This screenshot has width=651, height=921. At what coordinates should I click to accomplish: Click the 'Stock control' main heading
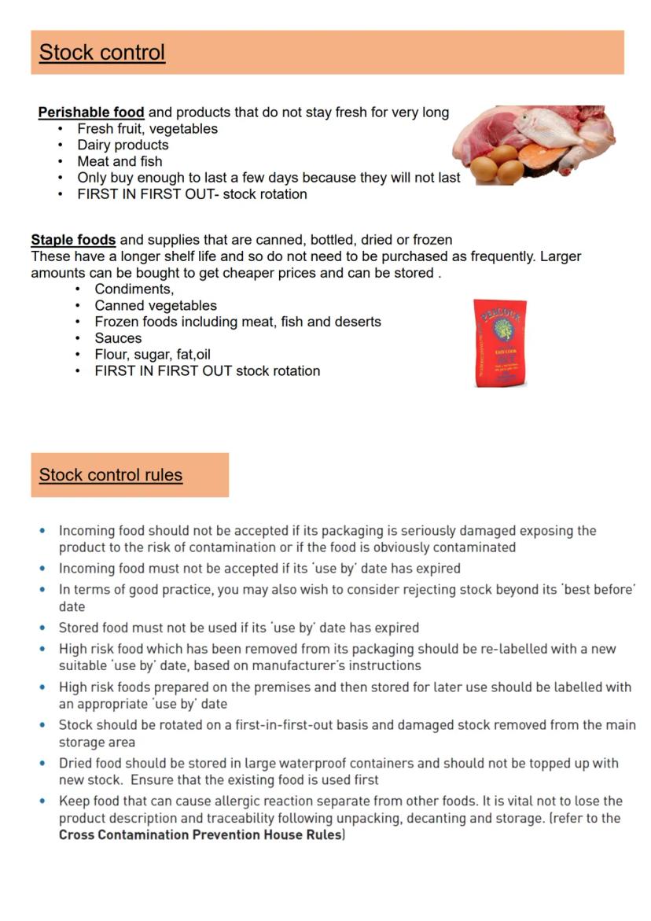coord(102,53)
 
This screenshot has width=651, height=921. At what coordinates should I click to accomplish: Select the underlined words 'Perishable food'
coord(91,112)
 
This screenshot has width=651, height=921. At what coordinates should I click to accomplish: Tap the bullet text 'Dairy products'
coord(123,145)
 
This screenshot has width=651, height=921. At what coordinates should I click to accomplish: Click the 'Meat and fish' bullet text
coord(120,161)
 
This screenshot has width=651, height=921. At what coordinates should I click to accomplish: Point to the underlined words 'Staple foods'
coord(73,239)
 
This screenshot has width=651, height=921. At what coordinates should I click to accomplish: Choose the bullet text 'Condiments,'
coord(134,289)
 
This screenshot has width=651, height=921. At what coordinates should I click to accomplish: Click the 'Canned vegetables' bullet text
coord(156,305)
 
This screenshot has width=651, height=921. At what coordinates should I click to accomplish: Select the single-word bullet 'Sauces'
coord(118,338)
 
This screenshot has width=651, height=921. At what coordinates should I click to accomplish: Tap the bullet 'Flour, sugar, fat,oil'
coord(153,355)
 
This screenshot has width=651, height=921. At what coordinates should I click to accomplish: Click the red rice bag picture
coord(500,343)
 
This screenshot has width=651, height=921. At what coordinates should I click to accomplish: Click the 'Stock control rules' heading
coord(111,475)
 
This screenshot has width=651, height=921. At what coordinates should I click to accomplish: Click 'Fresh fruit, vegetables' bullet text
coord(147,129)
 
